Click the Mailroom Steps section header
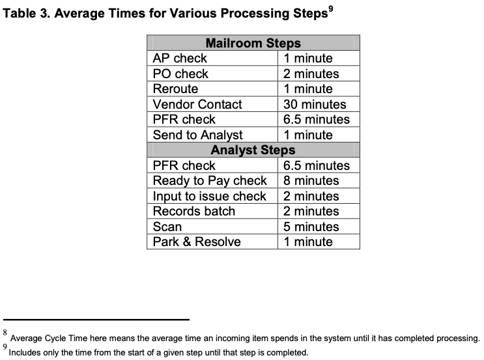[x=253, y=43]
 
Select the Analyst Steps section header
[x=253, y=150]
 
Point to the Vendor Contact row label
[x=197, y=104]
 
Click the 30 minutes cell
[x=315, y=104]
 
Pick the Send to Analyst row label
[x=197, y=135]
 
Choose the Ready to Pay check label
[x=210, y=181]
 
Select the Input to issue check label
[x=209, y=196]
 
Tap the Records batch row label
[x=194, y=212]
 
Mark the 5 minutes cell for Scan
[x=311, y=227]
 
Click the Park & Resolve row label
[x=197, y=242]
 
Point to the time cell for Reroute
[x=307, y=89]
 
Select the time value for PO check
[x=311, y=74]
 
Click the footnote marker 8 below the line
[x=5, y=332]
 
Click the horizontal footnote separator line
[x=96, y=320]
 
